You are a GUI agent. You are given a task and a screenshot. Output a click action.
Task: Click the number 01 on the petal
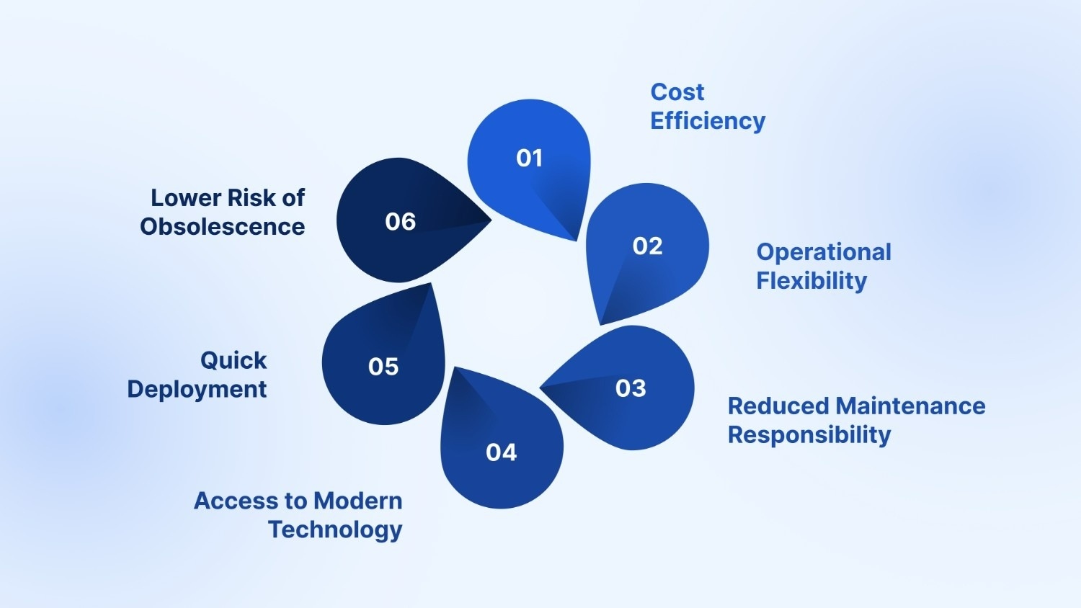529,158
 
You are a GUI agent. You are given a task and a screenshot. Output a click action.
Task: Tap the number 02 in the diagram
647,246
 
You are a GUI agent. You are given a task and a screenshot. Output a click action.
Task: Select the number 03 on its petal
631,388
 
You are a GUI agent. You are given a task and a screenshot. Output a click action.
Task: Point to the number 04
501,452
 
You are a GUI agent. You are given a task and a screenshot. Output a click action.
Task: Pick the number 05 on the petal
383,367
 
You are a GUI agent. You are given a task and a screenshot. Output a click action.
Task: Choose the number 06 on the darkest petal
401,221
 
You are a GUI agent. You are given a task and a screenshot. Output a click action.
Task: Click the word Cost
677,92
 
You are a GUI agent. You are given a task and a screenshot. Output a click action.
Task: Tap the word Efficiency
708,121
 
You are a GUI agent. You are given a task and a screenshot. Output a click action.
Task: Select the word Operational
824,252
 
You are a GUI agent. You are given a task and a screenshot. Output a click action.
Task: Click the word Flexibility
811,281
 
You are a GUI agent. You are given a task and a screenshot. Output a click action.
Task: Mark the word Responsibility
809,435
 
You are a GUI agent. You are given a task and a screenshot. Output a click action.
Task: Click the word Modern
358,501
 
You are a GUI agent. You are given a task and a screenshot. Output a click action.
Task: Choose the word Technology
335,529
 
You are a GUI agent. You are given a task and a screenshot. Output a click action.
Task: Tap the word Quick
233,360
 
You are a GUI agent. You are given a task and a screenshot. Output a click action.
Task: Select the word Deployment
197,389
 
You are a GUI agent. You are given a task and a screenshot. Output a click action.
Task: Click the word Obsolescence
222,227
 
